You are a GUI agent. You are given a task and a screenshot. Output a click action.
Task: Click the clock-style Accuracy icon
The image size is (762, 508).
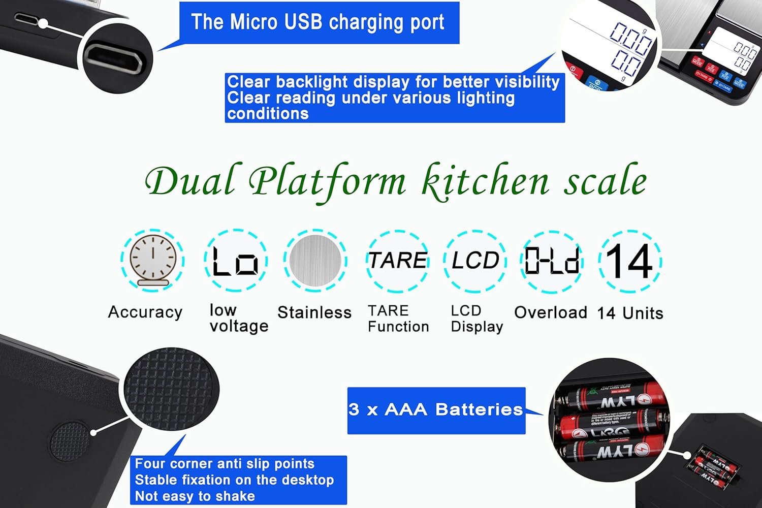[152, 260]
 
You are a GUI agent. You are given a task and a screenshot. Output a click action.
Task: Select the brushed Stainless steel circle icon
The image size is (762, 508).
[315, 260]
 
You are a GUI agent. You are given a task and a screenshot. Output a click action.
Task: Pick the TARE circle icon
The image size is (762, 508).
[398, 260]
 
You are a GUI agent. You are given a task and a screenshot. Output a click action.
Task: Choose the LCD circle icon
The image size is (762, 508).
[475, 260]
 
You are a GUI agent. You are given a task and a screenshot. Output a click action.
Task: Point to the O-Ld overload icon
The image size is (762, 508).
[552, 260]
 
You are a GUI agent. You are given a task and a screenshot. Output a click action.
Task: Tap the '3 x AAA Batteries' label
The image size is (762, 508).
[436, 410]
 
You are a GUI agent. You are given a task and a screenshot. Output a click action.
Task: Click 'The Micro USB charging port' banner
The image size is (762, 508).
[318, 22]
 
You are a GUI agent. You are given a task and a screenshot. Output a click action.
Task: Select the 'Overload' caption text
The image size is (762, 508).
[551, 312]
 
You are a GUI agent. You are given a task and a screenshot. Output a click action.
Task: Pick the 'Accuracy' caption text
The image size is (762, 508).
[145, 312]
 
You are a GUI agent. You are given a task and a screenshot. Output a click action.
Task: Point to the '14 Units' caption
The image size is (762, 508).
[630, 313]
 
